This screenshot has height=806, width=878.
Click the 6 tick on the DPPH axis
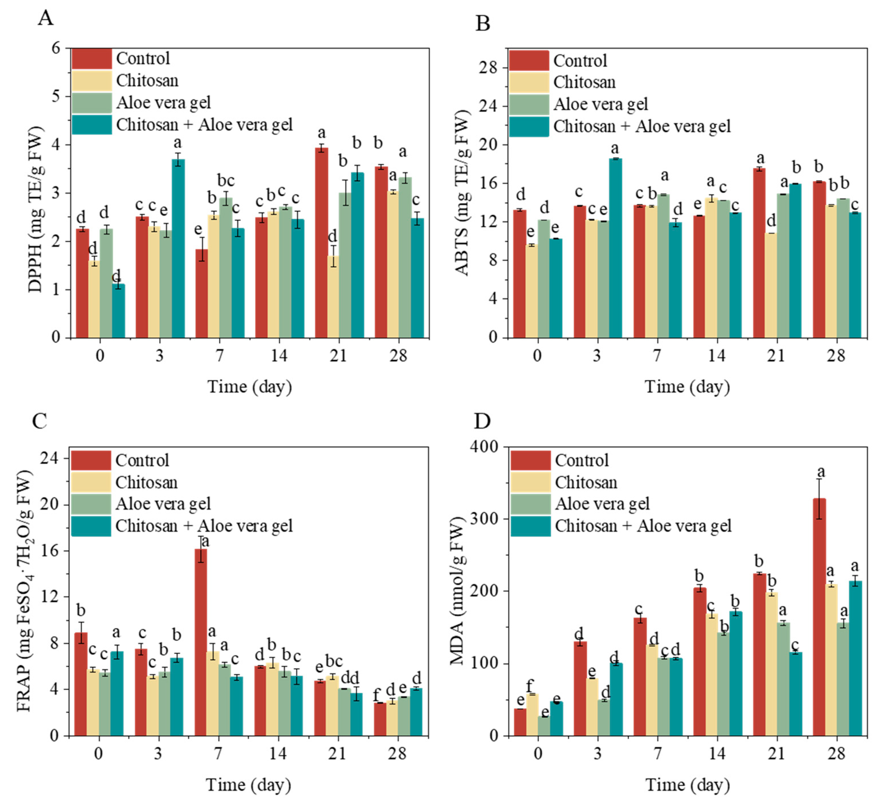(x=56, y=48)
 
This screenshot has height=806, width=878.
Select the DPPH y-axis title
(x=36, y=209)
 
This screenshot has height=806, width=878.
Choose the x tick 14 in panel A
(x=279, y=355)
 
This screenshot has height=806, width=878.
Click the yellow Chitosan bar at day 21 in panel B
(x=771, y=286)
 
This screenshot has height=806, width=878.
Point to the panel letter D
(x=482, y=421)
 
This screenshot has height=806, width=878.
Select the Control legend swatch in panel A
(x=91, y=58)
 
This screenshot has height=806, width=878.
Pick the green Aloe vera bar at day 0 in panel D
(x=544, y=725)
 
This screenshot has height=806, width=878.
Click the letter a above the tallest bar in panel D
(x=821, y=472)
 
